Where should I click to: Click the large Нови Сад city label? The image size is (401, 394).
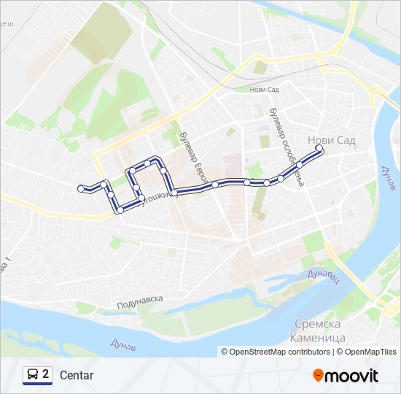(332, 139)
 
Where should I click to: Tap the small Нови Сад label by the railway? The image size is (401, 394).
(264, 90)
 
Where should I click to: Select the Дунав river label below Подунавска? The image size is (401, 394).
(123, 342)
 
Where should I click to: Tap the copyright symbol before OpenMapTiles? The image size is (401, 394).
(339, 352)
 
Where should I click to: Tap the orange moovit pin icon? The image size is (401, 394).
(318, 376)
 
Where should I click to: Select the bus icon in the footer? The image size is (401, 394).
(33, 375)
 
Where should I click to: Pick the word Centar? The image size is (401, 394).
(77, 376)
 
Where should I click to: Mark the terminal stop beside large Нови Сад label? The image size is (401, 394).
(319, 149)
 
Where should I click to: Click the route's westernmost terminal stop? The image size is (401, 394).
(80, 188)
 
